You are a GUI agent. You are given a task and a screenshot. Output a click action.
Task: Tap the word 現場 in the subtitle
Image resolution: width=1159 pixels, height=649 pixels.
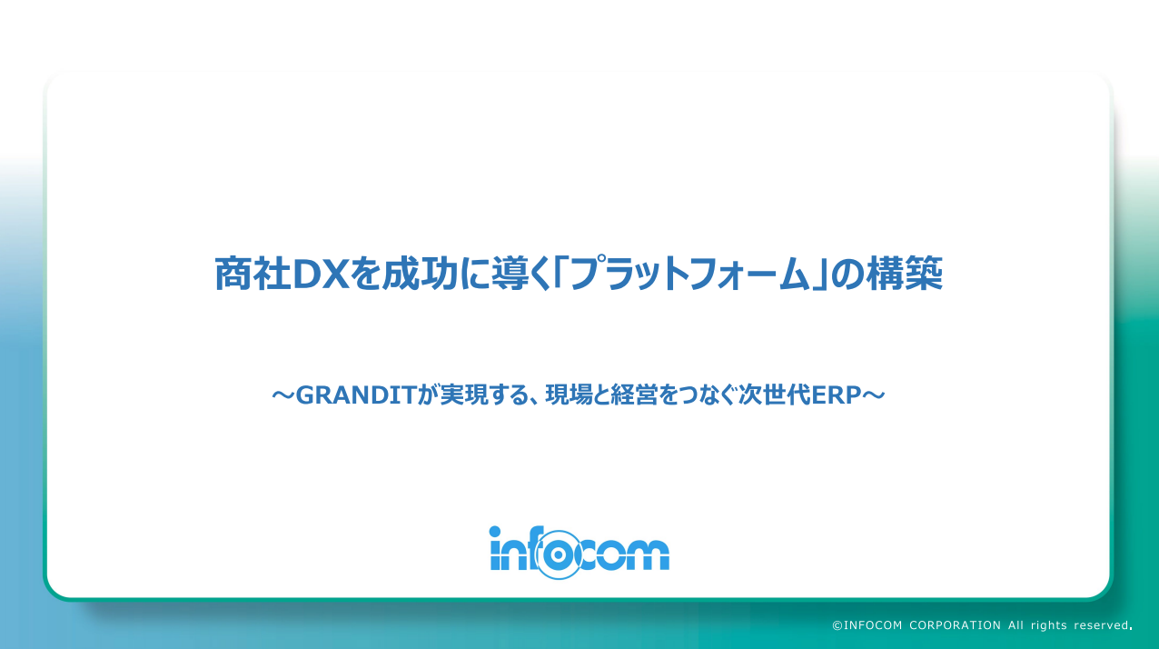[x=564, y=395]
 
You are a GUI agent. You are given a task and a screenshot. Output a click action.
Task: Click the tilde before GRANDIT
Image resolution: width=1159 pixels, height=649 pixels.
[x=283, y=395]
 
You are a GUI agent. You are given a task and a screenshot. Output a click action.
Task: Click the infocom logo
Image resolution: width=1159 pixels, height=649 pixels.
[x=579, y=551]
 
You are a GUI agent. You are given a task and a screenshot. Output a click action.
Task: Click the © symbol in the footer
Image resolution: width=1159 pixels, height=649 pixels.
[x=837, y=625]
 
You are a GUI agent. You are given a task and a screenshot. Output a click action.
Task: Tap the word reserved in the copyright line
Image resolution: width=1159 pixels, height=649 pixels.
[x=1101, y=625]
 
